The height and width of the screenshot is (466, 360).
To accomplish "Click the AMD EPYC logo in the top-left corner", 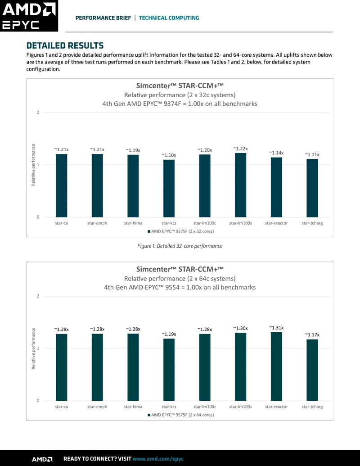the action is click(x=29, y=16).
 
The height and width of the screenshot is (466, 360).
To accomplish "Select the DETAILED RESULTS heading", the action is click(x=65, y=45).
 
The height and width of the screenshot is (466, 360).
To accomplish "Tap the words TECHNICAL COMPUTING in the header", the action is click(x=169, y=18).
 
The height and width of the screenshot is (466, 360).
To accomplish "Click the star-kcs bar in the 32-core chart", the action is click(x=169, y=188).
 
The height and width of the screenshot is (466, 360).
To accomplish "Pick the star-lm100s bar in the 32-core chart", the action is click(x=241, y=185).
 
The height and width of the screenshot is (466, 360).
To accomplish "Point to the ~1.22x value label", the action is click(x=241, y=149).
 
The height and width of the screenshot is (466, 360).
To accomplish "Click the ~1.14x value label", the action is click(x=277, y=153).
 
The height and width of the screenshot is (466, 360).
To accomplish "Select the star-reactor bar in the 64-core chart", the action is click(x=277, y=366).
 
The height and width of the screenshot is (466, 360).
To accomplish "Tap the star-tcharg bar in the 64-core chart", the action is click(x=312, y=370).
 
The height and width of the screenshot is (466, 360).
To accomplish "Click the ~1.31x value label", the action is click(x=277, y=327).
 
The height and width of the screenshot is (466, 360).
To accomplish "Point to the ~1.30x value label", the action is click(x=241, y=328).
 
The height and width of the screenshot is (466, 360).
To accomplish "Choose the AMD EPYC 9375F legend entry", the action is click(x=180, y=231).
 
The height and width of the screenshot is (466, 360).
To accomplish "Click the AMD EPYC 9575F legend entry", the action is click(x=180, y=415).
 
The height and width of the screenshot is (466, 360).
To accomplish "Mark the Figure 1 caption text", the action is click(x=180, y=246).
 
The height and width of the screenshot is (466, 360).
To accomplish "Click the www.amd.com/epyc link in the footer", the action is click(x=158, y=459).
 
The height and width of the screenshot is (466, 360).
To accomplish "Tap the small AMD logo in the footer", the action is click(x=42, y=459).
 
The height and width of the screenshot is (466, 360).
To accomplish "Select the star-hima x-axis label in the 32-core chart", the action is click(x=133, y=223).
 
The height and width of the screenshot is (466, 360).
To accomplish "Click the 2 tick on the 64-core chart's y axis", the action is click(x=38, y=296).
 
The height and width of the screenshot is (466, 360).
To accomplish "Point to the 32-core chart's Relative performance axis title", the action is click(x=33, y=165).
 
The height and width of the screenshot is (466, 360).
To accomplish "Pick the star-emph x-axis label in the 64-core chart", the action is click(x=97, y=407).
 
